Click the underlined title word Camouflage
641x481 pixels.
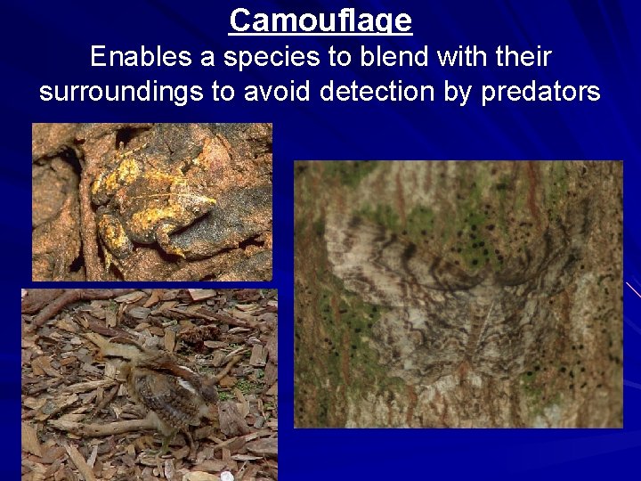point(320,20)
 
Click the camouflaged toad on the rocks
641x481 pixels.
point(160,200)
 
